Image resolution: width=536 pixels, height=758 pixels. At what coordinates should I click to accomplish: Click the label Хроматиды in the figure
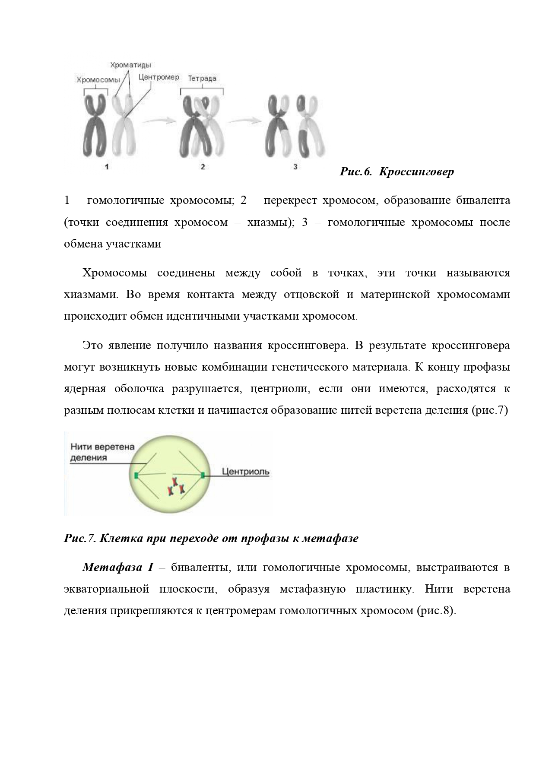[x=130, y=65]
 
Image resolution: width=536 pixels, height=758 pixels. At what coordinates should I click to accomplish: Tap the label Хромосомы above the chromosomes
[x=98, y=79]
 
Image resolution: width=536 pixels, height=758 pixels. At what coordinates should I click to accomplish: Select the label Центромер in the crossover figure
[x=159, y=78]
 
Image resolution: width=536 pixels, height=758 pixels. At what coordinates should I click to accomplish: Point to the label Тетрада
[x=202, y=79]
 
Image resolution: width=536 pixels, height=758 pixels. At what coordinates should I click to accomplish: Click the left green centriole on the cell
[x=136, y=476]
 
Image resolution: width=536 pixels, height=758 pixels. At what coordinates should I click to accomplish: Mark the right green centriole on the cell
[x=203, y=476]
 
